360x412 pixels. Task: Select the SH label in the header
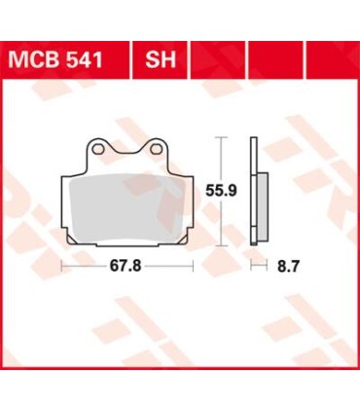tap(161, 59)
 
